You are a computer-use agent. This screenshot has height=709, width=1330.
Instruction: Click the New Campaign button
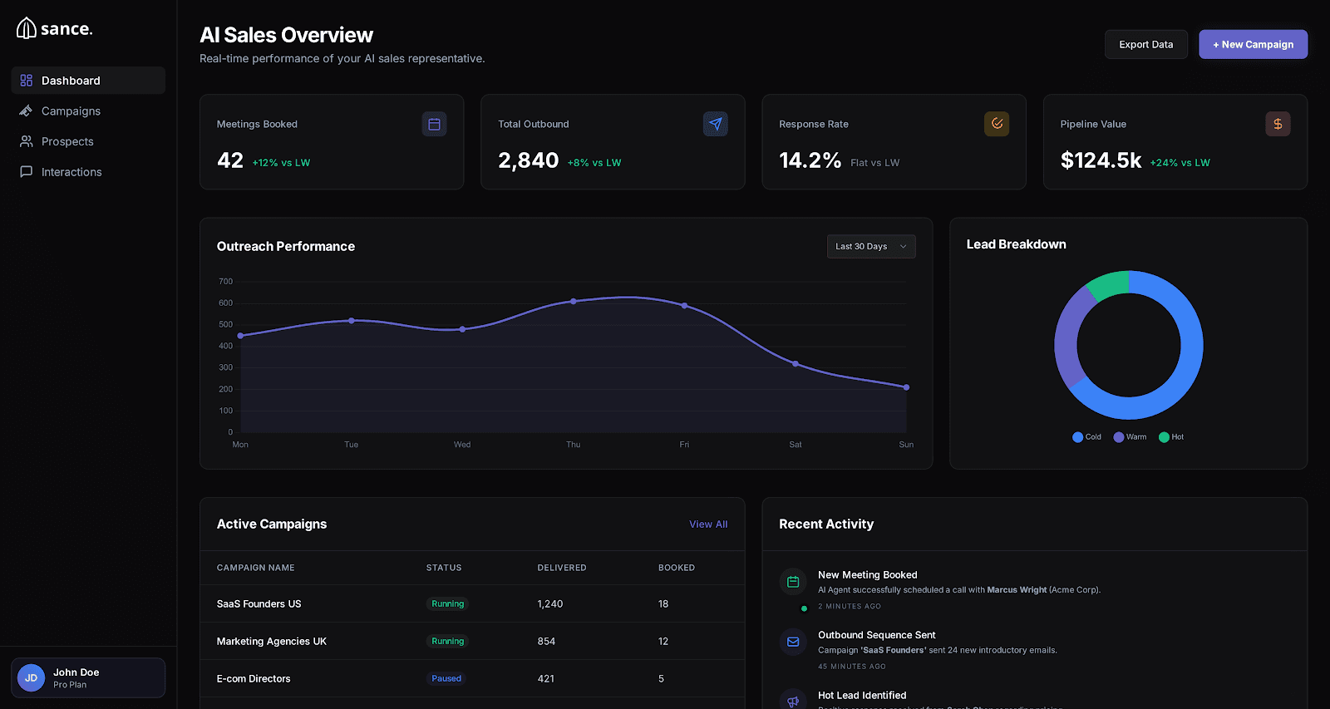[1253, 45]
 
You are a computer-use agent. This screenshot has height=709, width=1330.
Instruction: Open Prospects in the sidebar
[67, 142]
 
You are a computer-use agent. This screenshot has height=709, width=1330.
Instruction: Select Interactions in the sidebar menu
[71, 172]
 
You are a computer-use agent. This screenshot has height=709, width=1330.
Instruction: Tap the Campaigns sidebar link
[71, 111]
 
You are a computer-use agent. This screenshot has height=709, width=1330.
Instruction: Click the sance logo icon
[27, 29]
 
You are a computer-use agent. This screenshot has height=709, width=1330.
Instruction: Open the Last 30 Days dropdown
[870, 247]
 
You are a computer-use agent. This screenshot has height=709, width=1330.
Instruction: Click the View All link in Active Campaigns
[707, 524]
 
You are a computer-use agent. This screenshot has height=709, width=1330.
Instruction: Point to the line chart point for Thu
[574, 302]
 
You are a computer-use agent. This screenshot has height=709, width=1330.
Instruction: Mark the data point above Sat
[796, 364]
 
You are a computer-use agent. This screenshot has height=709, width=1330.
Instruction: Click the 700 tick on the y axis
[225, 282]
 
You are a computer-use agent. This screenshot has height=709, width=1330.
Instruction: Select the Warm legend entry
[1130, 437]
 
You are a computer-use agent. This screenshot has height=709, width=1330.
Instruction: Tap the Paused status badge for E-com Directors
[446, 679]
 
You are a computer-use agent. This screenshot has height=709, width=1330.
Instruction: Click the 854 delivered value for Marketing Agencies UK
[546, 642]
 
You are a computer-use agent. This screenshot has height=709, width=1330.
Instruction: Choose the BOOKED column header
[676, 569]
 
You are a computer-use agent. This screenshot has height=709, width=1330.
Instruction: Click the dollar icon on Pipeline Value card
[1278, 125]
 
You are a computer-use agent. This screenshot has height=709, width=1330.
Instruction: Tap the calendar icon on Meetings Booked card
[434, 125]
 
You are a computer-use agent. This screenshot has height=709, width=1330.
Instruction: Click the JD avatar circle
[32, 678]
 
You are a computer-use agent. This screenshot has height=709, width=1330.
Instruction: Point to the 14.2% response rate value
[810, 160]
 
